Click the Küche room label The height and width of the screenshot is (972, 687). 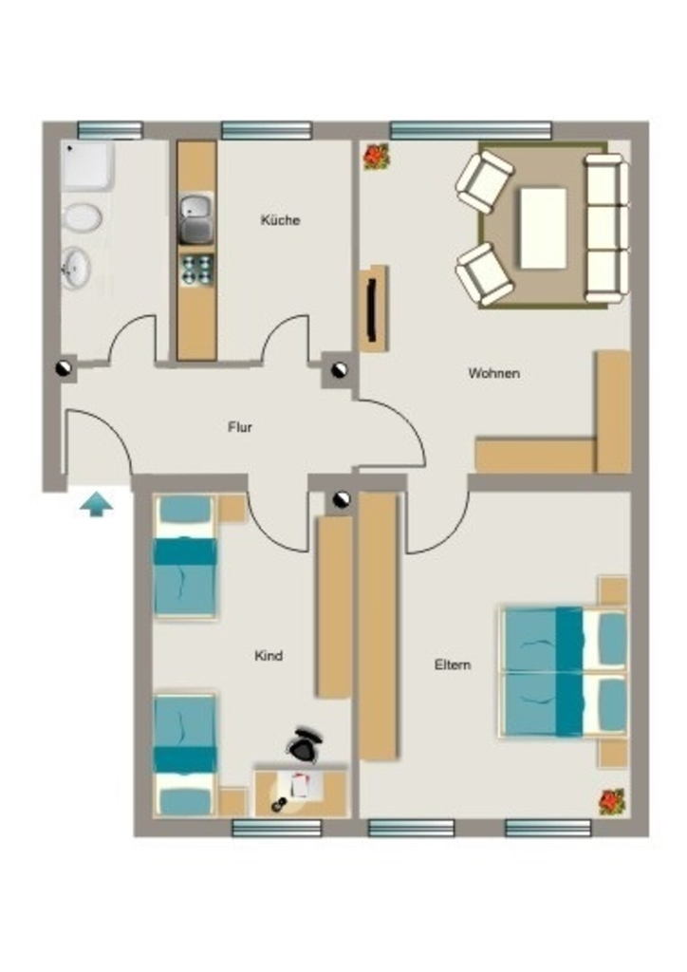280,220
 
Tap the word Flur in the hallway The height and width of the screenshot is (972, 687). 240,427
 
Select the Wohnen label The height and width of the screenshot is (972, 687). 493,373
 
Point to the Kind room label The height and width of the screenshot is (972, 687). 269,655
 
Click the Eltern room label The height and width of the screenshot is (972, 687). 453,664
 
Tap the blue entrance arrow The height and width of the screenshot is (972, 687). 97,504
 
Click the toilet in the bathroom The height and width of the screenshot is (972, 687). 82,218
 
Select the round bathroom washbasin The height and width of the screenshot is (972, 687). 77,268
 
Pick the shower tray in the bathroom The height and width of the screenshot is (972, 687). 87,165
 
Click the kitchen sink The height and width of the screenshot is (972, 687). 196,217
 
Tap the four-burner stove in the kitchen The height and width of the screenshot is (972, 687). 197,270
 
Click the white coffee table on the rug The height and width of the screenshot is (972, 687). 544,228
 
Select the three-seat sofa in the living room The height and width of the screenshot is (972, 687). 605,229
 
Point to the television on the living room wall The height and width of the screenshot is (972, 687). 372,308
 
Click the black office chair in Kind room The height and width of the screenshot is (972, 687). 305,744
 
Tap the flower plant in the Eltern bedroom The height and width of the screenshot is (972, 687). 612,801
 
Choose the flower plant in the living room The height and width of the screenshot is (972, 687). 376,157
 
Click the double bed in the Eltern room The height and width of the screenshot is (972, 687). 563,672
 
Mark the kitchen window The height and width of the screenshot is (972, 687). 267,130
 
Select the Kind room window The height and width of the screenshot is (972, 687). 276,828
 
